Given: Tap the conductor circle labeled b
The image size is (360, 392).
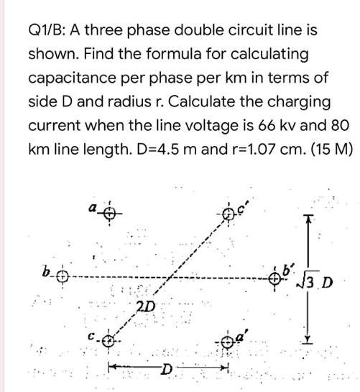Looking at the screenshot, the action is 62,277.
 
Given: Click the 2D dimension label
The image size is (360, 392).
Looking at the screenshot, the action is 145,307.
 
